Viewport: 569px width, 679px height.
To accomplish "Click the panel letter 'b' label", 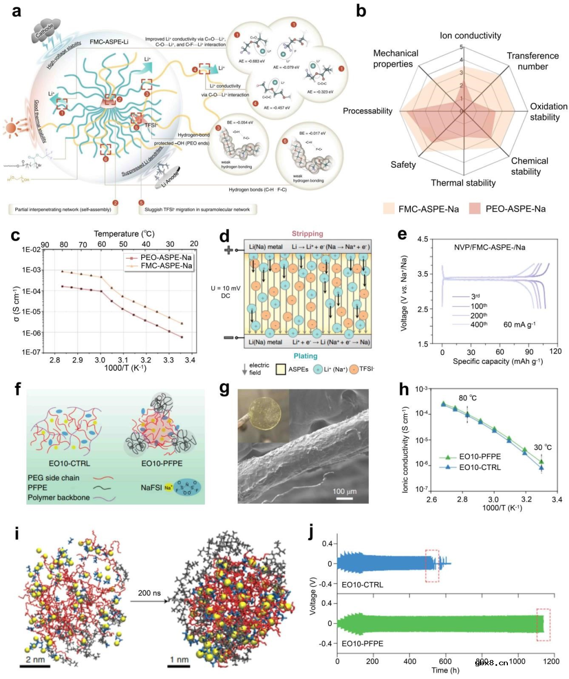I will (361, 11).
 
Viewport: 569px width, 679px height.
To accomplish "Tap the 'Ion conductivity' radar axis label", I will (470, 35).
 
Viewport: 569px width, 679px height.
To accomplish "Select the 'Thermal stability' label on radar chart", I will (463, 183).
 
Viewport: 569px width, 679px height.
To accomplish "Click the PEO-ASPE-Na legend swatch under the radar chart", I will (475, 208).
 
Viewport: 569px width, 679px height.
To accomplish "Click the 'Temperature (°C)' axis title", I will (124, 234).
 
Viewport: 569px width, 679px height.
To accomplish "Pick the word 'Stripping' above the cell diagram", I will (307, 234).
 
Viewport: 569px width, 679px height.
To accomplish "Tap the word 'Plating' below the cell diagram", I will (306, 356).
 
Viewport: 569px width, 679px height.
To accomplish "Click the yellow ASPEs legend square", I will (281, 369).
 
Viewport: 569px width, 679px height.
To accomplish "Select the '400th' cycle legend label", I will (478, 324).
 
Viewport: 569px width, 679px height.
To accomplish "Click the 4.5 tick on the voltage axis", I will (422, 240).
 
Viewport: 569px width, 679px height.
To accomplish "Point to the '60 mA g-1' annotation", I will (519, 324).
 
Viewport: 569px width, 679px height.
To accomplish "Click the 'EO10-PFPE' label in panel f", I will (162, 463).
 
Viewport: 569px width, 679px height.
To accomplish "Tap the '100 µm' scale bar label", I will (344, 491).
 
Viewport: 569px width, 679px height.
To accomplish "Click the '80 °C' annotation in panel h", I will (467, 398).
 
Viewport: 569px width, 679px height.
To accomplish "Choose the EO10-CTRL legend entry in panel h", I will (479, 467).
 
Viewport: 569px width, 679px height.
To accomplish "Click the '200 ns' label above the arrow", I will (149, 593).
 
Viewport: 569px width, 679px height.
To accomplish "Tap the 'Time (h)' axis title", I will (445, 670).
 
